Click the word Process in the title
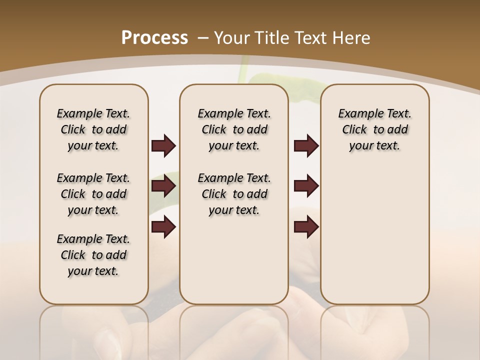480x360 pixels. [x=154, y=38]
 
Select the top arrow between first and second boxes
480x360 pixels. [x=163, y=146]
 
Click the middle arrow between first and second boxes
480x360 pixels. [x=163, y=186]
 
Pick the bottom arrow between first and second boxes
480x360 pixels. [x=163, y=226]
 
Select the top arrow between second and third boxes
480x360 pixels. [x=306, y=146]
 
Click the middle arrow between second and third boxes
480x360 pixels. [x=306, y=186]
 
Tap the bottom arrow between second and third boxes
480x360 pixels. [x=306, y=226]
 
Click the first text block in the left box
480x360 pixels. [x=93, y=129]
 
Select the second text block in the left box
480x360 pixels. [x=93, y=194]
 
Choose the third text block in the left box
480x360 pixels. [x=93, y=255]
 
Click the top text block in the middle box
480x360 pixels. [x=234, y=129]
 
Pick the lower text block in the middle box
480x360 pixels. [x=234, y=194]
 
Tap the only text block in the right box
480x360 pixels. [x=374, y=129]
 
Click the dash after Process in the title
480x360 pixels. [x=202, y=38]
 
